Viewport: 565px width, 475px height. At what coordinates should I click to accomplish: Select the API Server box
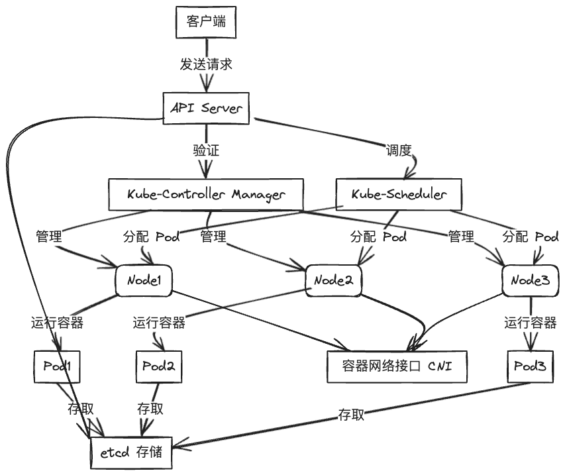(x=206, y=107)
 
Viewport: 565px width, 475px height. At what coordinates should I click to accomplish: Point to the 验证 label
(x=206, y=150)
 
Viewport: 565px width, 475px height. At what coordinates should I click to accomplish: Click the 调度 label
(x=399, y=150)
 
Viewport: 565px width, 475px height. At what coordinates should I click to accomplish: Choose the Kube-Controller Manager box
(x=206, y=194)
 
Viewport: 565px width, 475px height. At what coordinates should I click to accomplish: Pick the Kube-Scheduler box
(x=399, y=194)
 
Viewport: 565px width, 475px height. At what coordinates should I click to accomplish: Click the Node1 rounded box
(x=144, y=281)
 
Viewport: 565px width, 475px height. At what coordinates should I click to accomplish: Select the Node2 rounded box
(x=334, y=281)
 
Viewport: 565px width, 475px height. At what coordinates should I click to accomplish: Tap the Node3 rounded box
(x=530, y=281)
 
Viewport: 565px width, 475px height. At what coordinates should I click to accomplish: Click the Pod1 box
(x=57, y=366)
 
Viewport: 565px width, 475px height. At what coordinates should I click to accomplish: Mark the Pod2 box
(x=159, y=366)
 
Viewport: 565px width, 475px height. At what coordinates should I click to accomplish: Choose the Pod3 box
(x=530, y=366)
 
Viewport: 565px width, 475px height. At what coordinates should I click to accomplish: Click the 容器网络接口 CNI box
(x=399, y=366)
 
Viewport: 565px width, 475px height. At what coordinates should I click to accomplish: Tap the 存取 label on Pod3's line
(x=351, y=415)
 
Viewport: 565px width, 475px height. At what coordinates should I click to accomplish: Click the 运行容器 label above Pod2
(x=159, y=323)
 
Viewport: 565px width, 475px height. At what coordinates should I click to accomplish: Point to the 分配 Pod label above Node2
(x=378, y=237)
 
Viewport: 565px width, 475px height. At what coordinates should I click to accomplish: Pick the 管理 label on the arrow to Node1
(x=49, y=237)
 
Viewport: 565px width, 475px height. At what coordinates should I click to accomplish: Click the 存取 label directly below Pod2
(x=150, y=408)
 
